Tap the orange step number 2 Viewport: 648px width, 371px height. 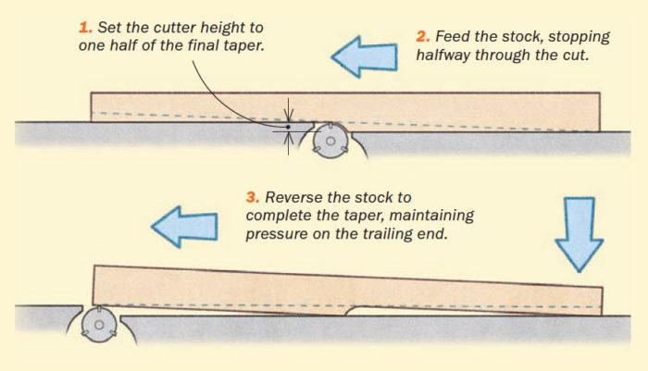click(421, 37)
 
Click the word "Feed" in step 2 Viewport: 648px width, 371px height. click(453, 37)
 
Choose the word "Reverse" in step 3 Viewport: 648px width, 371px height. click(293, 198)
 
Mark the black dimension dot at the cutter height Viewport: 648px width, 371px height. click(289, 127)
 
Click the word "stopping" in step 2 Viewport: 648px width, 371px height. click(575, 37)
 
